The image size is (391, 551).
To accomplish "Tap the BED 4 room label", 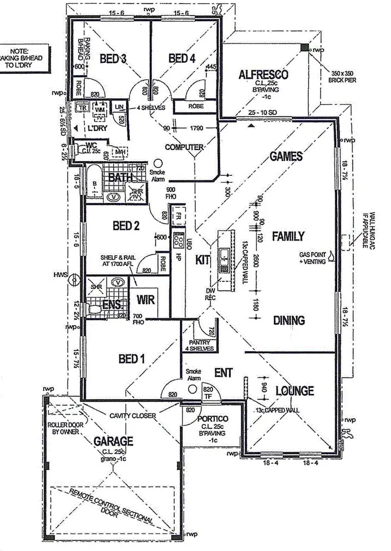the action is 182,58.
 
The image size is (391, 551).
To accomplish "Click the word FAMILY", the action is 288,236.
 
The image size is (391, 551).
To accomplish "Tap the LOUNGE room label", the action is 294,390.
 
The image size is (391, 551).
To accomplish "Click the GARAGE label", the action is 114,441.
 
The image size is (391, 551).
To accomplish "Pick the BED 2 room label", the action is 126,225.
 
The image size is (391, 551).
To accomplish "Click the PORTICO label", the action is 211,419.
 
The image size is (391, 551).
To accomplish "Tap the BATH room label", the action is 119,178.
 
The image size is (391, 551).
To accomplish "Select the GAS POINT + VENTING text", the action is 312,258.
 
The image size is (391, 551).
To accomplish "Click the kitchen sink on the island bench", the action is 224,255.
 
